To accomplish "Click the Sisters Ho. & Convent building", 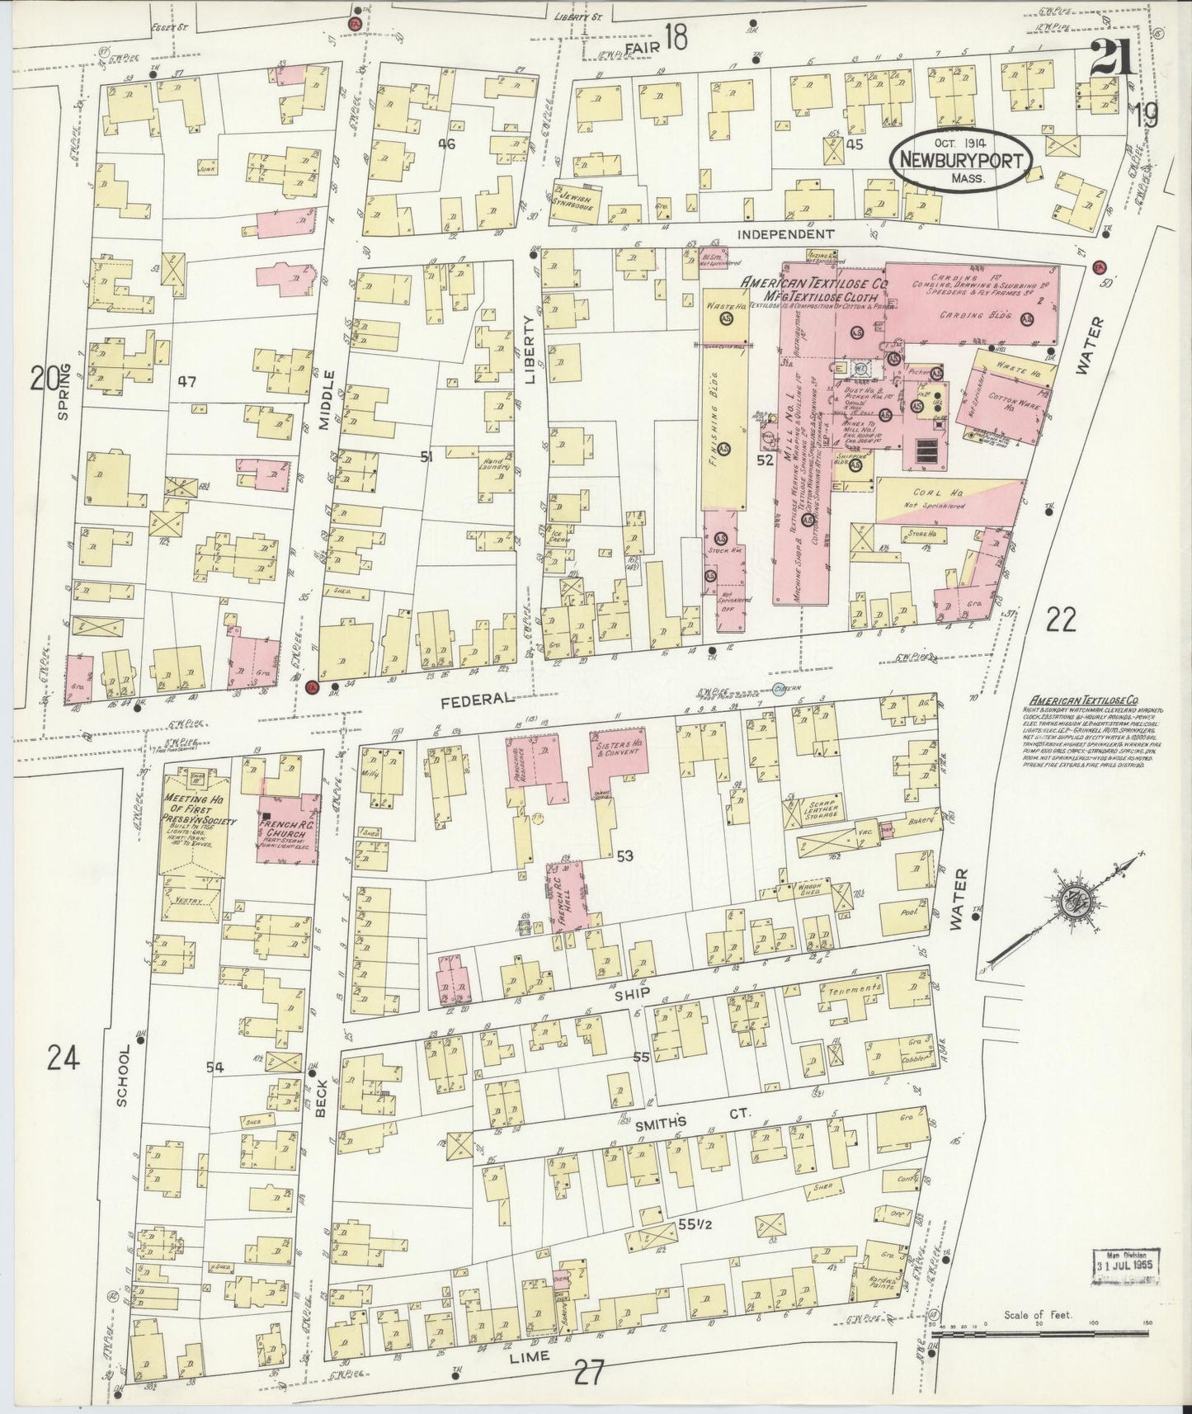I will [x=619, y=751].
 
